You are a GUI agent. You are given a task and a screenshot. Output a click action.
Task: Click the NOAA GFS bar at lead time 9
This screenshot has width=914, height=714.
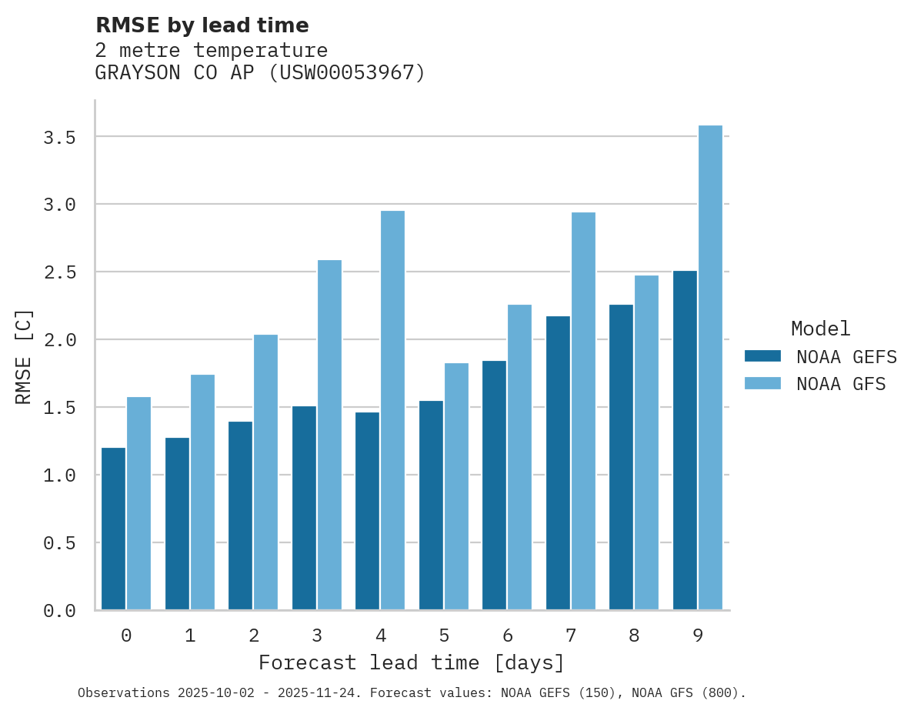pos(710,368)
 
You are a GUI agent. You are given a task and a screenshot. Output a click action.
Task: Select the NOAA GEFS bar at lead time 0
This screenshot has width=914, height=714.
pos(113,529)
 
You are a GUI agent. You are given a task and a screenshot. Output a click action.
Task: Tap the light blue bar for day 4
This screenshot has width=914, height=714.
pos(392,410)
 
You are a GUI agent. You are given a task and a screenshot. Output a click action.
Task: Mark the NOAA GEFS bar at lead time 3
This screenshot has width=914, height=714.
pos(304,508)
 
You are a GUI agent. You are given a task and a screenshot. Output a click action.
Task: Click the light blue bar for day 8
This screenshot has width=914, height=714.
pos(646,442)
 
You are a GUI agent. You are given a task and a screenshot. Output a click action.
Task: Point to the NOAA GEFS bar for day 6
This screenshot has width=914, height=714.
pos(494,485)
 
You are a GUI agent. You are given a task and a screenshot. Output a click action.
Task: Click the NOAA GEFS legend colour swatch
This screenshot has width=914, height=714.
pos(762,356)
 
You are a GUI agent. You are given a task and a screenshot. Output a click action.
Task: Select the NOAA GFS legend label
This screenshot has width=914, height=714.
pos(841,384)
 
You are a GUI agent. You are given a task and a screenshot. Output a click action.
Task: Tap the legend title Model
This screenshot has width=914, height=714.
pos(820,329)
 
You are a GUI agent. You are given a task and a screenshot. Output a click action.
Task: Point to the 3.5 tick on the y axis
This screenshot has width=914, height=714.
pos(59,138)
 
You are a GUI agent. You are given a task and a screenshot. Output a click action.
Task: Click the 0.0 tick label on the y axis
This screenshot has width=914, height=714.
pos(59,611)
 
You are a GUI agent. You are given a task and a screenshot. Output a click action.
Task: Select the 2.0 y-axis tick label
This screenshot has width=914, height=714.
pos(59,340)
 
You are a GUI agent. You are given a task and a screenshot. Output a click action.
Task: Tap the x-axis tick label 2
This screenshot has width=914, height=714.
pos(253,636)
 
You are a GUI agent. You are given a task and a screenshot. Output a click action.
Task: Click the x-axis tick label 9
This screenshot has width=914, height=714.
pos(697,636)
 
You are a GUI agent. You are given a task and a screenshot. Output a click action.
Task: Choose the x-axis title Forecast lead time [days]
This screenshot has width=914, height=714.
pos(412,662)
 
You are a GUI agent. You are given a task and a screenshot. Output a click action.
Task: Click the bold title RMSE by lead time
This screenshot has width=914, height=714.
pos(202,25)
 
